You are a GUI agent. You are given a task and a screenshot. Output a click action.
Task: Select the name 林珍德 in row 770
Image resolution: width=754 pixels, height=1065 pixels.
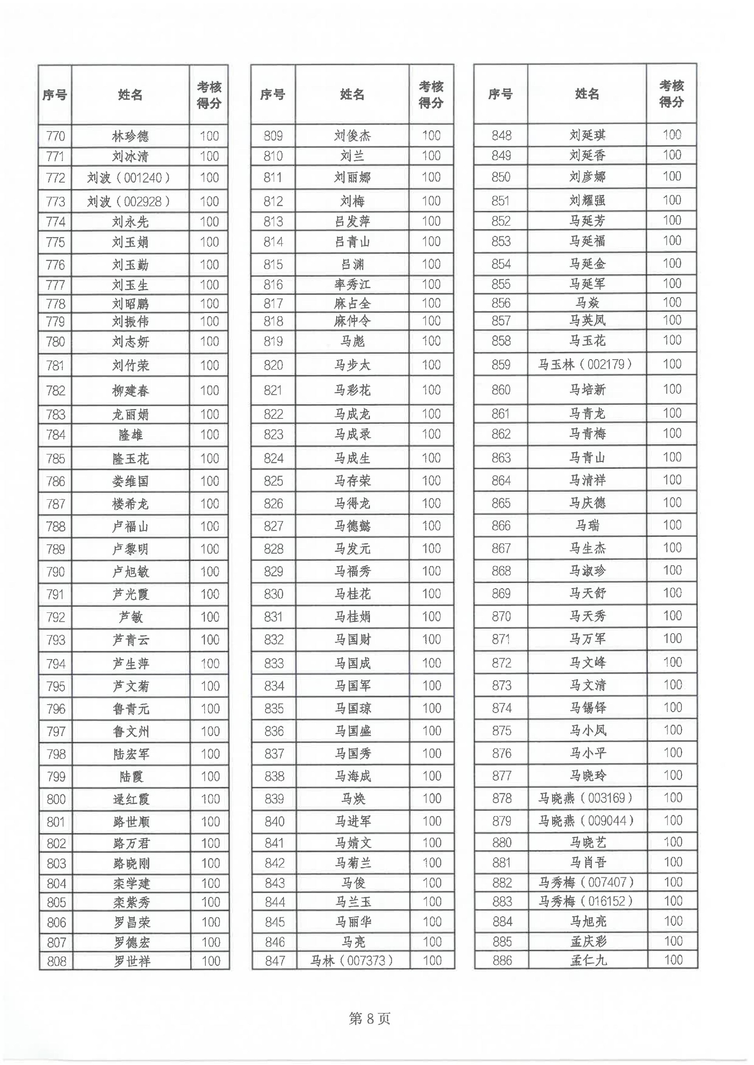[x=130, y=136]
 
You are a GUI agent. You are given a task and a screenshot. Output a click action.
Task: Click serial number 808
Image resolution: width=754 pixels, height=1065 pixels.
[x=56, y=961]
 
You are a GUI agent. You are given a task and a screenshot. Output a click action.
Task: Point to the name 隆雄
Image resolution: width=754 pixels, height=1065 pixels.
[x=130, y=435]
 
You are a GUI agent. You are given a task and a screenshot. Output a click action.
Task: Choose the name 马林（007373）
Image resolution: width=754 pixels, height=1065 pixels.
[x=352, y=960]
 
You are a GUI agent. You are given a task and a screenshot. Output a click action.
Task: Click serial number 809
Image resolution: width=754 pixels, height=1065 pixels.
[x=273, y=135]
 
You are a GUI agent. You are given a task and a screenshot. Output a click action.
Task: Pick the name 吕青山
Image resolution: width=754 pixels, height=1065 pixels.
[x=352, y=241]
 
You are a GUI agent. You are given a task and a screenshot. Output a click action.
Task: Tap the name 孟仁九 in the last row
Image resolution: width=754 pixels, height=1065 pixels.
[x=588, y=960]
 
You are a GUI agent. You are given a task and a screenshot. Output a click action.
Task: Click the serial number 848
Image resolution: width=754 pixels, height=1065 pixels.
[x=501, y=135]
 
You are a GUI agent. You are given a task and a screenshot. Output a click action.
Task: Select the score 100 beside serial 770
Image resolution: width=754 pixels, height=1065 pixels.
[x=209, y=136]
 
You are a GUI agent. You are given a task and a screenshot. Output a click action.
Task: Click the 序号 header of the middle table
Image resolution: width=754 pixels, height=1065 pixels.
[x=273, y=94]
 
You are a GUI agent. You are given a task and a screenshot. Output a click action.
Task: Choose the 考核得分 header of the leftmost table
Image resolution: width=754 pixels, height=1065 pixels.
[x=209, y=95]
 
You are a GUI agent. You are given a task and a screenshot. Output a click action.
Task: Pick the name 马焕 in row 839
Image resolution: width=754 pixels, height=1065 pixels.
[x=353, y=798]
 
